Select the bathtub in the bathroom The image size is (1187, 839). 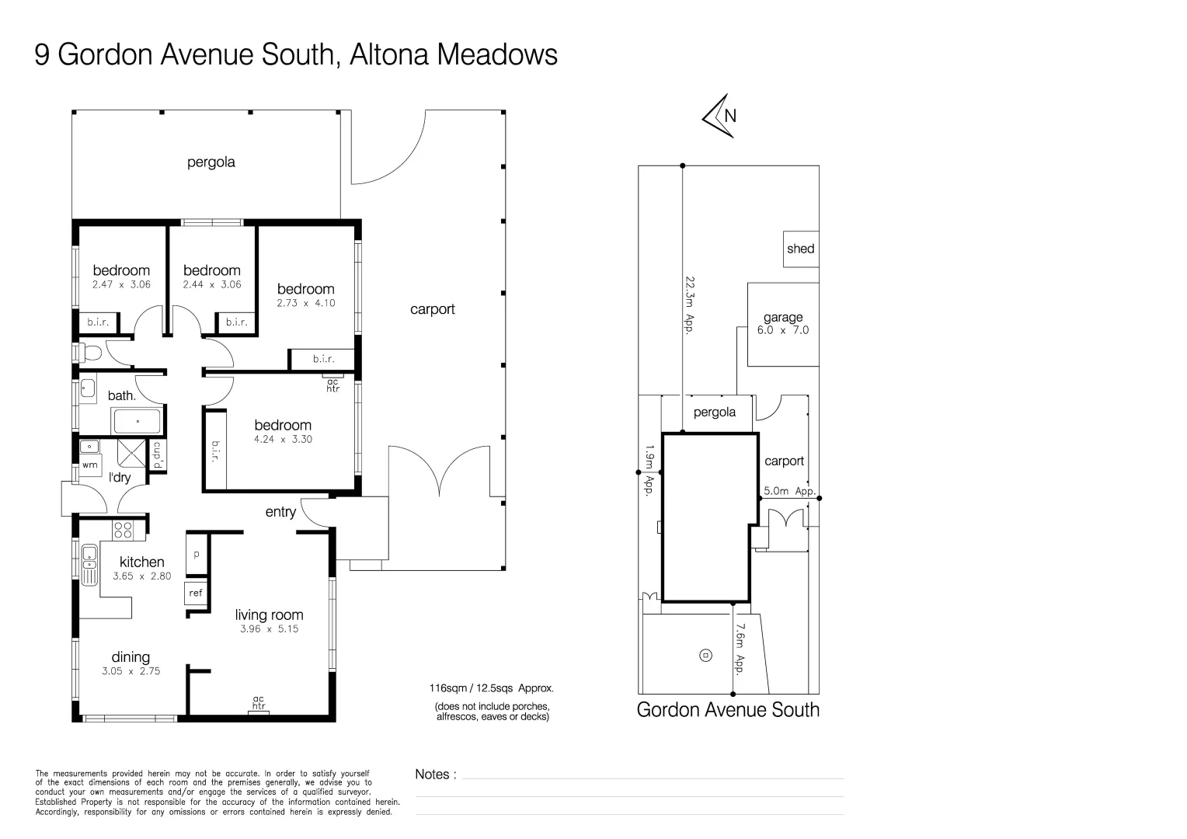click(x=137, y=422)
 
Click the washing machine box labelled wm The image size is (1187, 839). click(x=90, y=465)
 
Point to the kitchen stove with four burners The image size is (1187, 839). click(x=123, y=530)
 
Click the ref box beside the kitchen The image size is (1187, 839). click(x=196, y=594)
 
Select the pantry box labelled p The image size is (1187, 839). click(x=197, y=555)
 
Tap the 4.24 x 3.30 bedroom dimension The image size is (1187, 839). click(x=283, y=440)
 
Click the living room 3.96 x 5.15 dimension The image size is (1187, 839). click(x=269, y=629)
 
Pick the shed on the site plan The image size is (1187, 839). click(x=800, y=249)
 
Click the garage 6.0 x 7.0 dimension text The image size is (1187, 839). click(x=783, y=330)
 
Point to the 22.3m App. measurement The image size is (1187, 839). click(x=688, y=304)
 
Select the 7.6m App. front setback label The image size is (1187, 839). click(x=740, y=649)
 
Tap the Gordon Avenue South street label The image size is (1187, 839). click(x=728, y=709)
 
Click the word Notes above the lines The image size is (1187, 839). click(x=433, y=775)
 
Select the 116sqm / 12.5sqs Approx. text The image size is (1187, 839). click(x=491, y=688)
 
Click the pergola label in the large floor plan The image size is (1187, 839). click(x=211, y=162)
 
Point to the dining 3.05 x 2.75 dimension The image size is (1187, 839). click(x=131, y=671)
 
